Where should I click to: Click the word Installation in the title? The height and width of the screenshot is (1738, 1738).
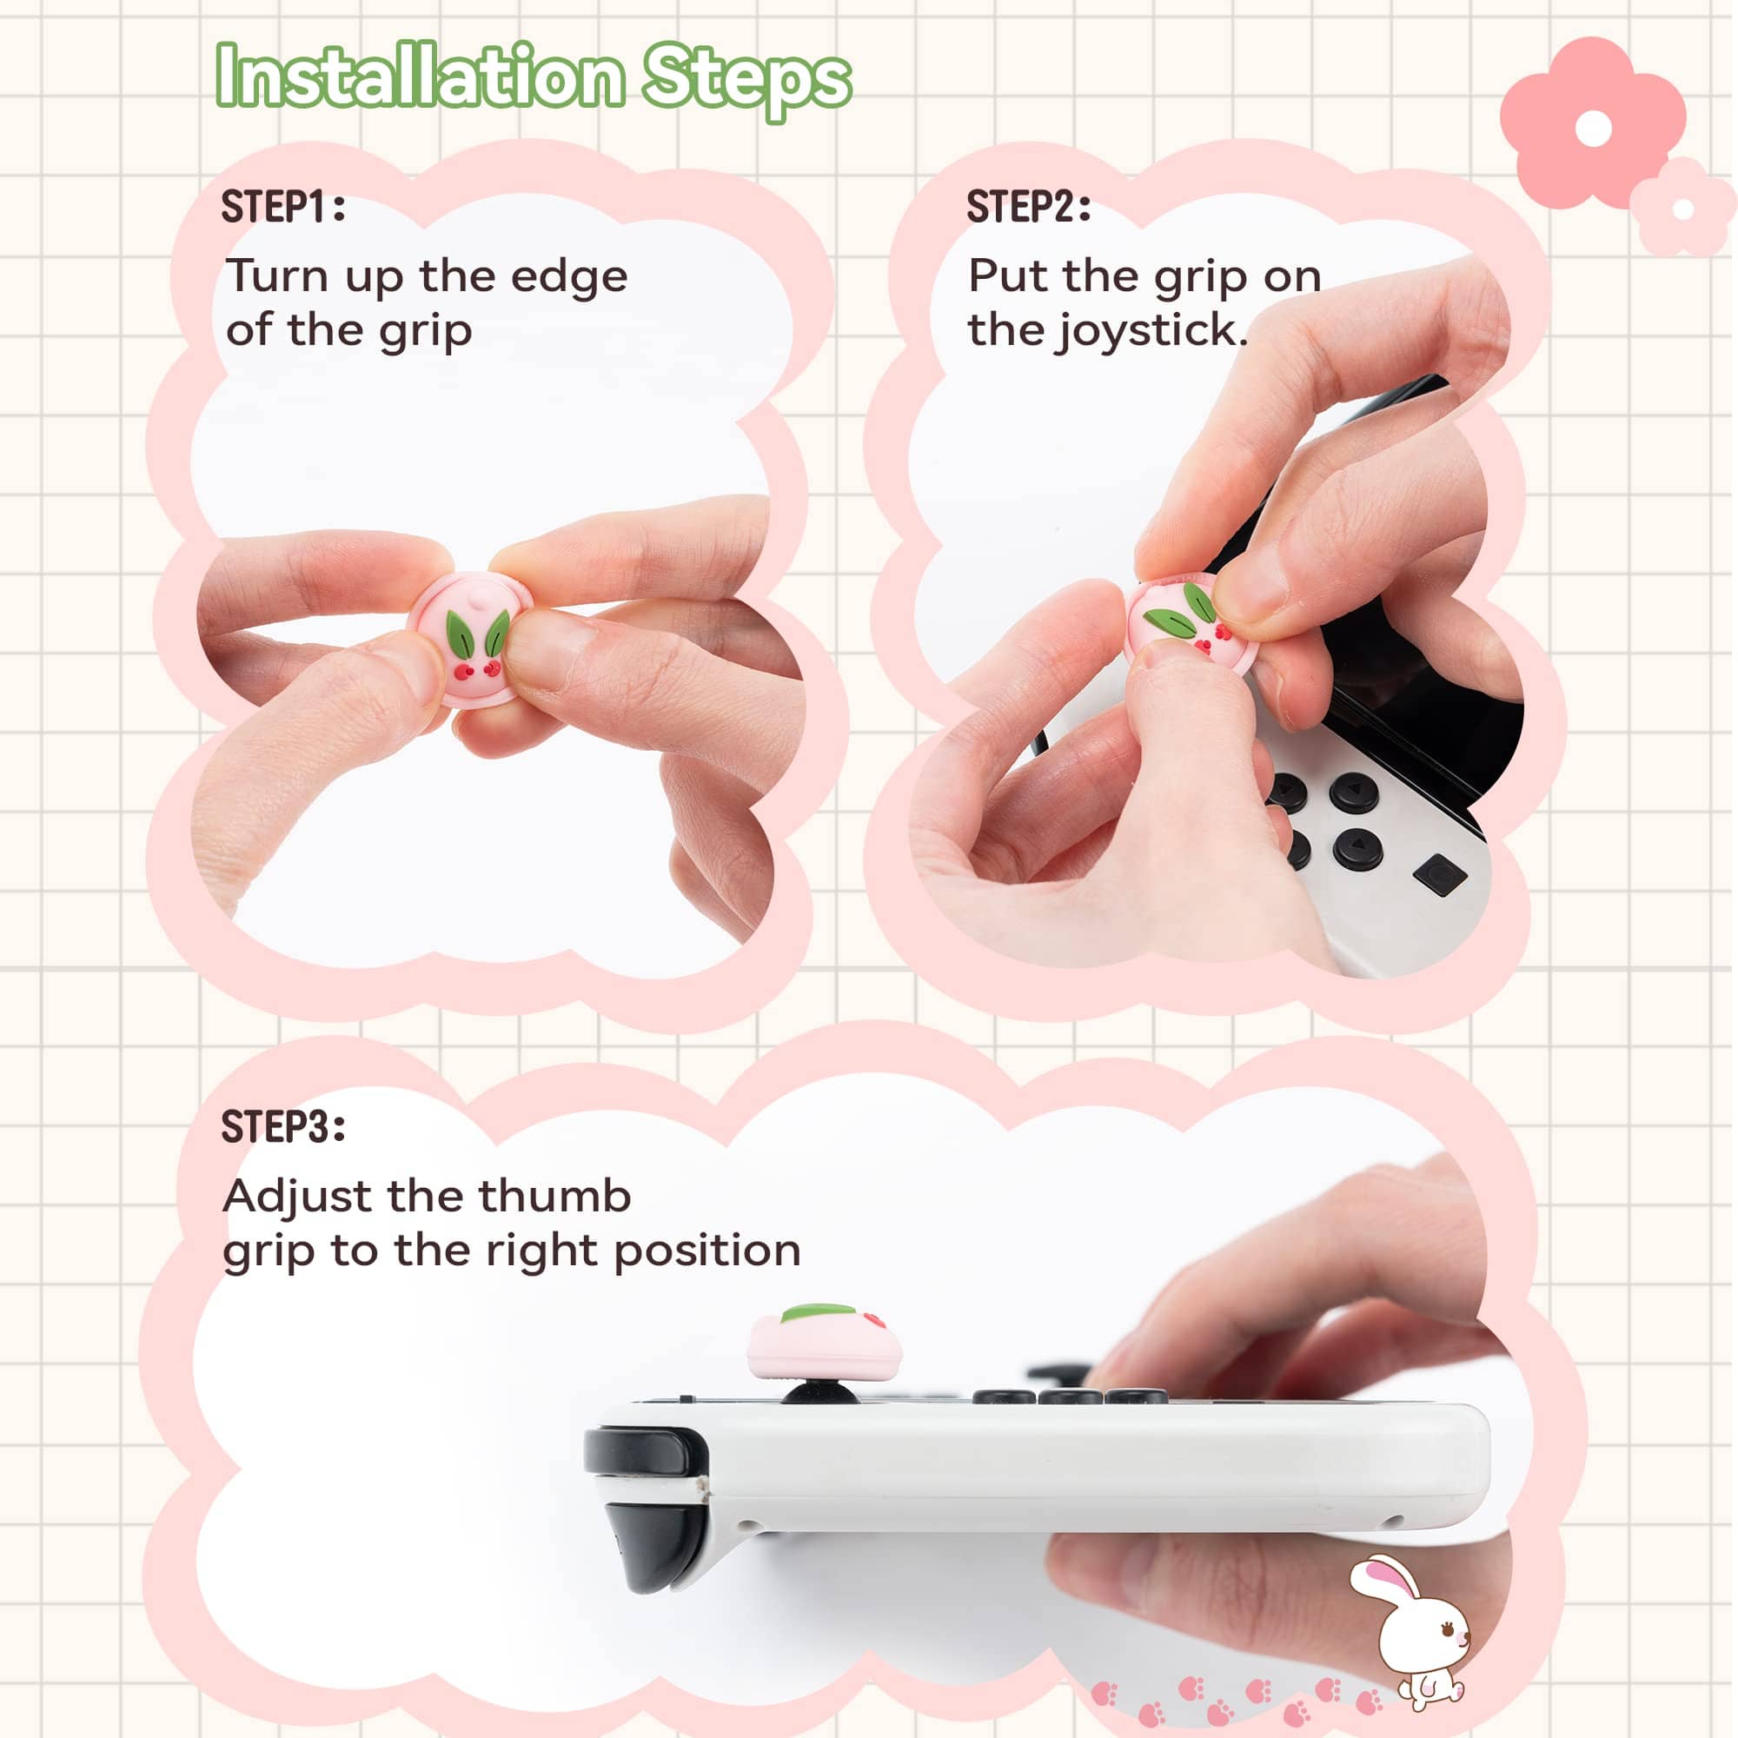click(419, 76)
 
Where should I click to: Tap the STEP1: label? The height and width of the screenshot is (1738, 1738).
click(283, 207)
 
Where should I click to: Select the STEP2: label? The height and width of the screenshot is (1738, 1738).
click(1029, 207)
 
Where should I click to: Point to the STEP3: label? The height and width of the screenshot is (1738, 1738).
click(283, 1126)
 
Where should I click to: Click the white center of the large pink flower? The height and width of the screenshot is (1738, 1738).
click(1593, 128)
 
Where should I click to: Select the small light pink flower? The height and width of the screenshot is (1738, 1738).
click(1682, 208)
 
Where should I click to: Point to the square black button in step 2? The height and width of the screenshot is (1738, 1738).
click(1440, 874)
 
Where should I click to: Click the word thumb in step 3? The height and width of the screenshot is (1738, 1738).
click(554, 1197)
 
